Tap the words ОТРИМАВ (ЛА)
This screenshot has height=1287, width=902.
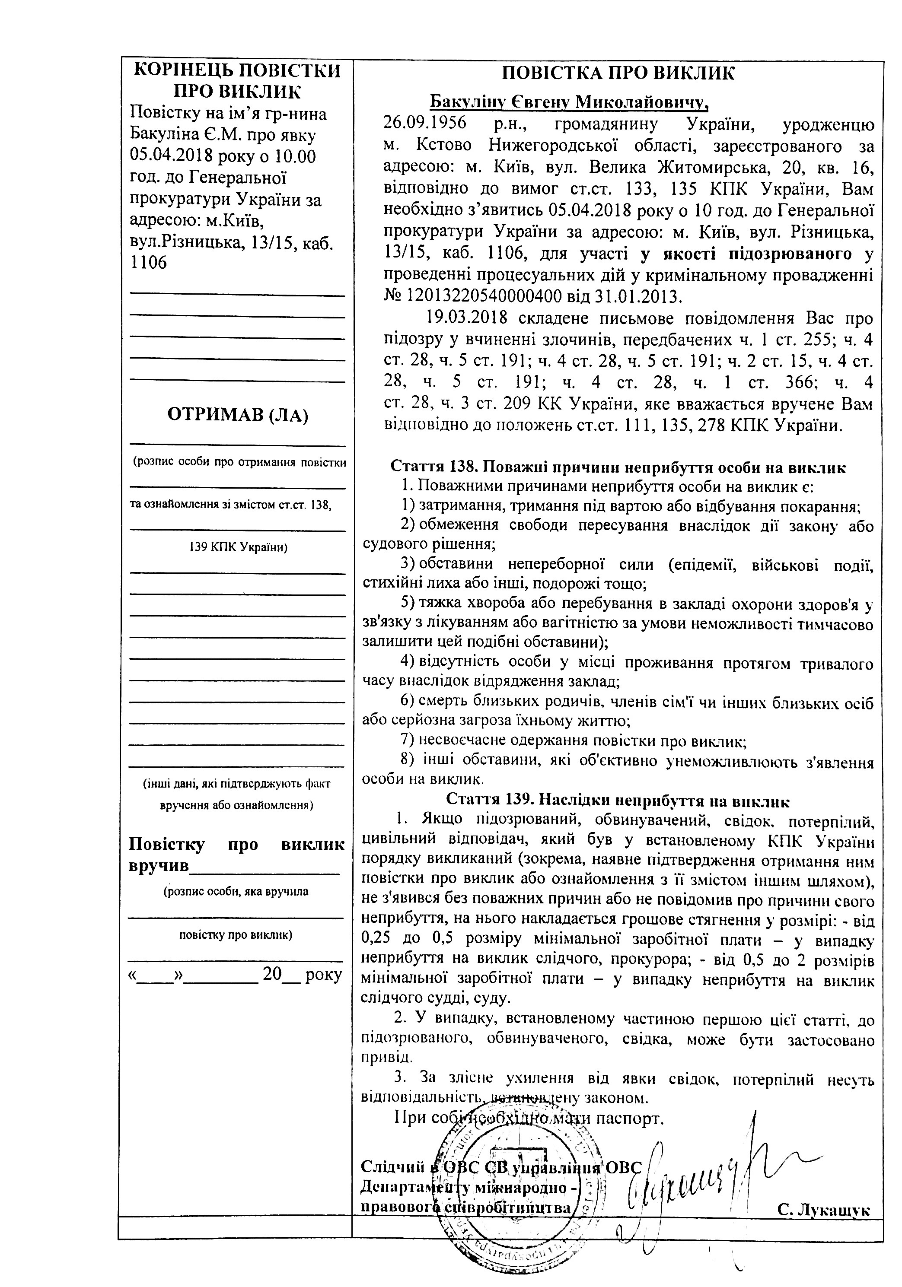[x=238, y=415]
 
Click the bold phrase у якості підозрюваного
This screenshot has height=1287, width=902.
[x=746, y=254]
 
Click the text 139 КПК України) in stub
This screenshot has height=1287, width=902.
[x=238, y=547]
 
